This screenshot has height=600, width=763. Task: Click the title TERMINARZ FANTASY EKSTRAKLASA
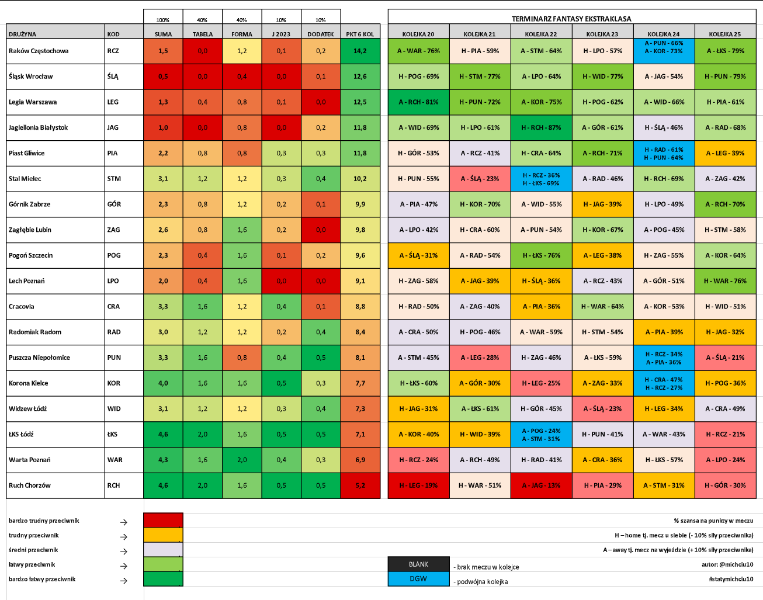tap(571, 19)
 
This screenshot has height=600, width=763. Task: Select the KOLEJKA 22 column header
tap(541, 34)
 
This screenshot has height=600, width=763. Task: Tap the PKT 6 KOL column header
tap(360, 34)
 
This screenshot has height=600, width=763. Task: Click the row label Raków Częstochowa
tap(39, 51)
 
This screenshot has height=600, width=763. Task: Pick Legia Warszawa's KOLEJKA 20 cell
tap(418, 102)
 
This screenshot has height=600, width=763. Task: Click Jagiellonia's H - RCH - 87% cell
tap(541, 128)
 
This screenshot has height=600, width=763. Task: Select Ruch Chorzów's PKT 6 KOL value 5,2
tap(360, 485)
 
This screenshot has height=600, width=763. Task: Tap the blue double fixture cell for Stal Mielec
tap(541, 179)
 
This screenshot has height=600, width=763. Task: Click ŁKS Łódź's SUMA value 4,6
tap(163, 434)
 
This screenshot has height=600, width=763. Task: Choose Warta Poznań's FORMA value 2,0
tap(242, 460)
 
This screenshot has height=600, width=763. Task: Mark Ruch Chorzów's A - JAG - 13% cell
tap(541, 485)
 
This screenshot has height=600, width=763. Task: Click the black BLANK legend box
tap(418, 564)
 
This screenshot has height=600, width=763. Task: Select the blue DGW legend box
tap(418, 579)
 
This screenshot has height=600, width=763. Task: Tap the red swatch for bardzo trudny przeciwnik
tap(163, 520)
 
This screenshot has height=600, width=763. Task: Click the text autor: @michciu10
tap(727, 564)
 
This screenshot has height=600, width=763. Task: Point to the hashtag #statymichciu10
tap(731, 579)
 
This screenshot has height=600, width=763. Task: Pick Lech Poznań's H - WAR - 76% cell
tap(725, 281)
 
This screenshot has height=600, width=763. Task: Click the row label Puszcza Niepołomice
tap(39, 358)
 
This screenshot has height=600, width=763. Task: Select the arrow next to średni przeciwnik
tap(123, 552)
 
